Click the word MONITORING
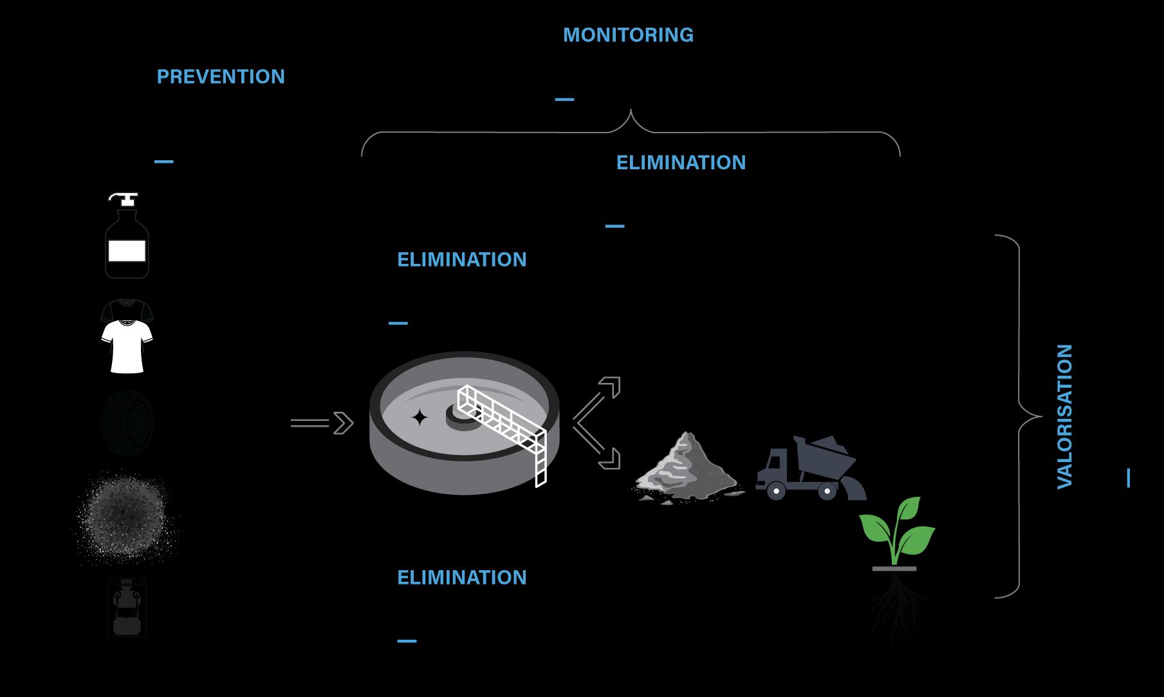click(628, 35)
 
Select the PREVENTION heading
click(221, 77)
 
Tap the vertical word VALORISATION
click(1065, 416)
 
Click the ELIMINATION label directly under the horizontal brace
click(681, 162)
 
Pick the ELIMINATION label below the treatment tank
click(461, 577)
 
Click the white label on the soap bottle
click(127, 250)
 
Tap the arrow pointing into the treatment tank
click(322, 423)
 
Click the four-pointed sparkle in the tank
click(420, 418)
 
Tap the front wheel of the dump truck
click(777, 491)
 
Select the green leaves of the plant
click(898, 528)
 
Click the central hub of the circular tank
click(461, 416)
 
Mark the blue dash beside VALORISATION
click(1129, 478)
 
